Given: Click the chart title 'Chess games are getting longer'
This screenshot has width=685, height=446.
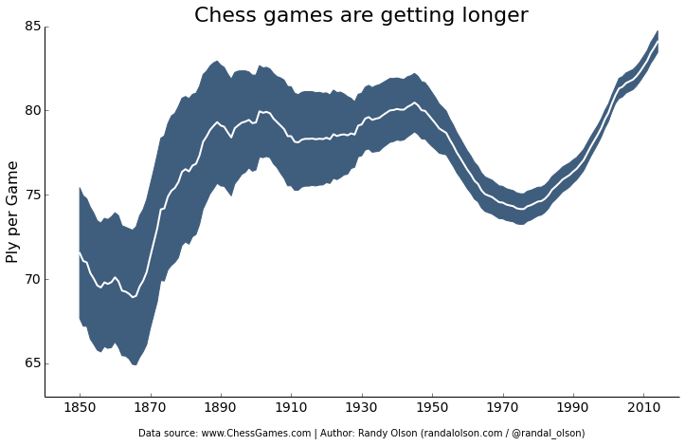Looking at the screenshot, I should [361, 15].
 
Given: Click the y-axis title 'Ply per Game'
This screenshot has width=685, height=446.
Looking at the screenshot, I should [13, 212].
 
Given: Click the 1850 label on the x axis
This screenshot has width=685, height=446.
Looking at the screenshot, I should [80, 410].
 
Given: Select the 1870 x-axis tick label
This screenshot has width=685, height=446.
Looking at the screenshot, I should [150, 410].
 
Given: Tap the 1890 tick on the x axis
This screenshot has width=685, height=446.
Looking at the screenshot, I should [221, 410].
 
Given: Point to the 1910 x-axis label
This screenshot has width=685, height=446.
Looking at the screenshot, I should [291, 410].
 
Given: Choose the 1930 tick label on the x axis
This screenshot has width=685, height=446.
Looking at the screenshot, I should [361, 410].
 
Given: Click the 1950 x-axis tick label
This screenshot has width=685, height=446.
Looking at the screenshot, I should [432, 410].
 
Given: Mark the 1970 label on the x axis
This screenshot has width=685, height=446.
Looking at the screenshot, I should [502, 410].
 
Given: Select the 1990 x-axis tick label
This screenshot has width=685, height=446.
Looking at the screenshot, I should [572, 410].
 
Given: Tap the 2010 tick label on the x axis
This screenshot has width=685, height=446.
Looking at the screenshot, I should [643, 410].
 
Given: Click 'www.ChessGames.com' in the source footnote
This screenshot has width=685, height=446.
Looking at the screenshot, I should [258, 434].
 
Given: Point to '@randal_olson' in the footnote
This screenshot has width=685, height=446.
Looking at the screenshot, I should [550, 434].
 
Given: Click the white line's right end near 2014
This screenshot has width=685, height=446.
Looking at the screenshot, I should [657, 42].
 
